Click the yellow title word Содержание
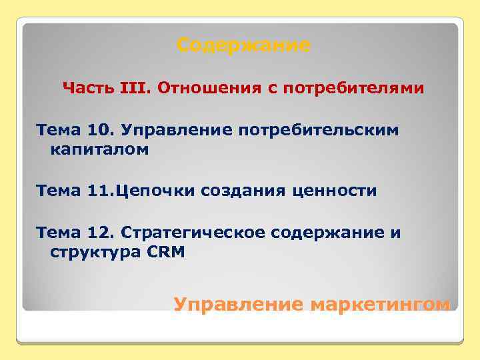tap(243, 46)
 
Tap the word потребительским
tap(316, 130)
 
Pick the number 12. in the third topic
tap(102, 233)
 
